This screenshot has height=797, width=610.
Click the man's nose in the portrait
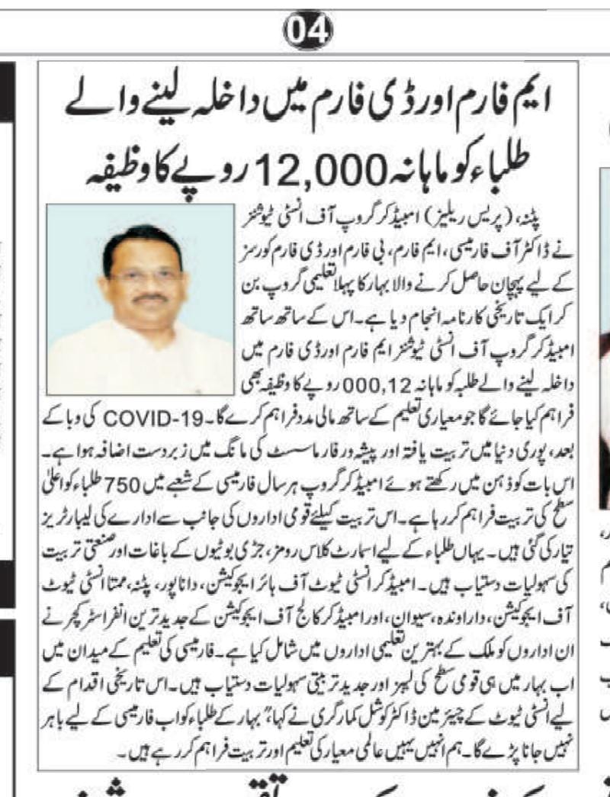click(145, 285)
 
